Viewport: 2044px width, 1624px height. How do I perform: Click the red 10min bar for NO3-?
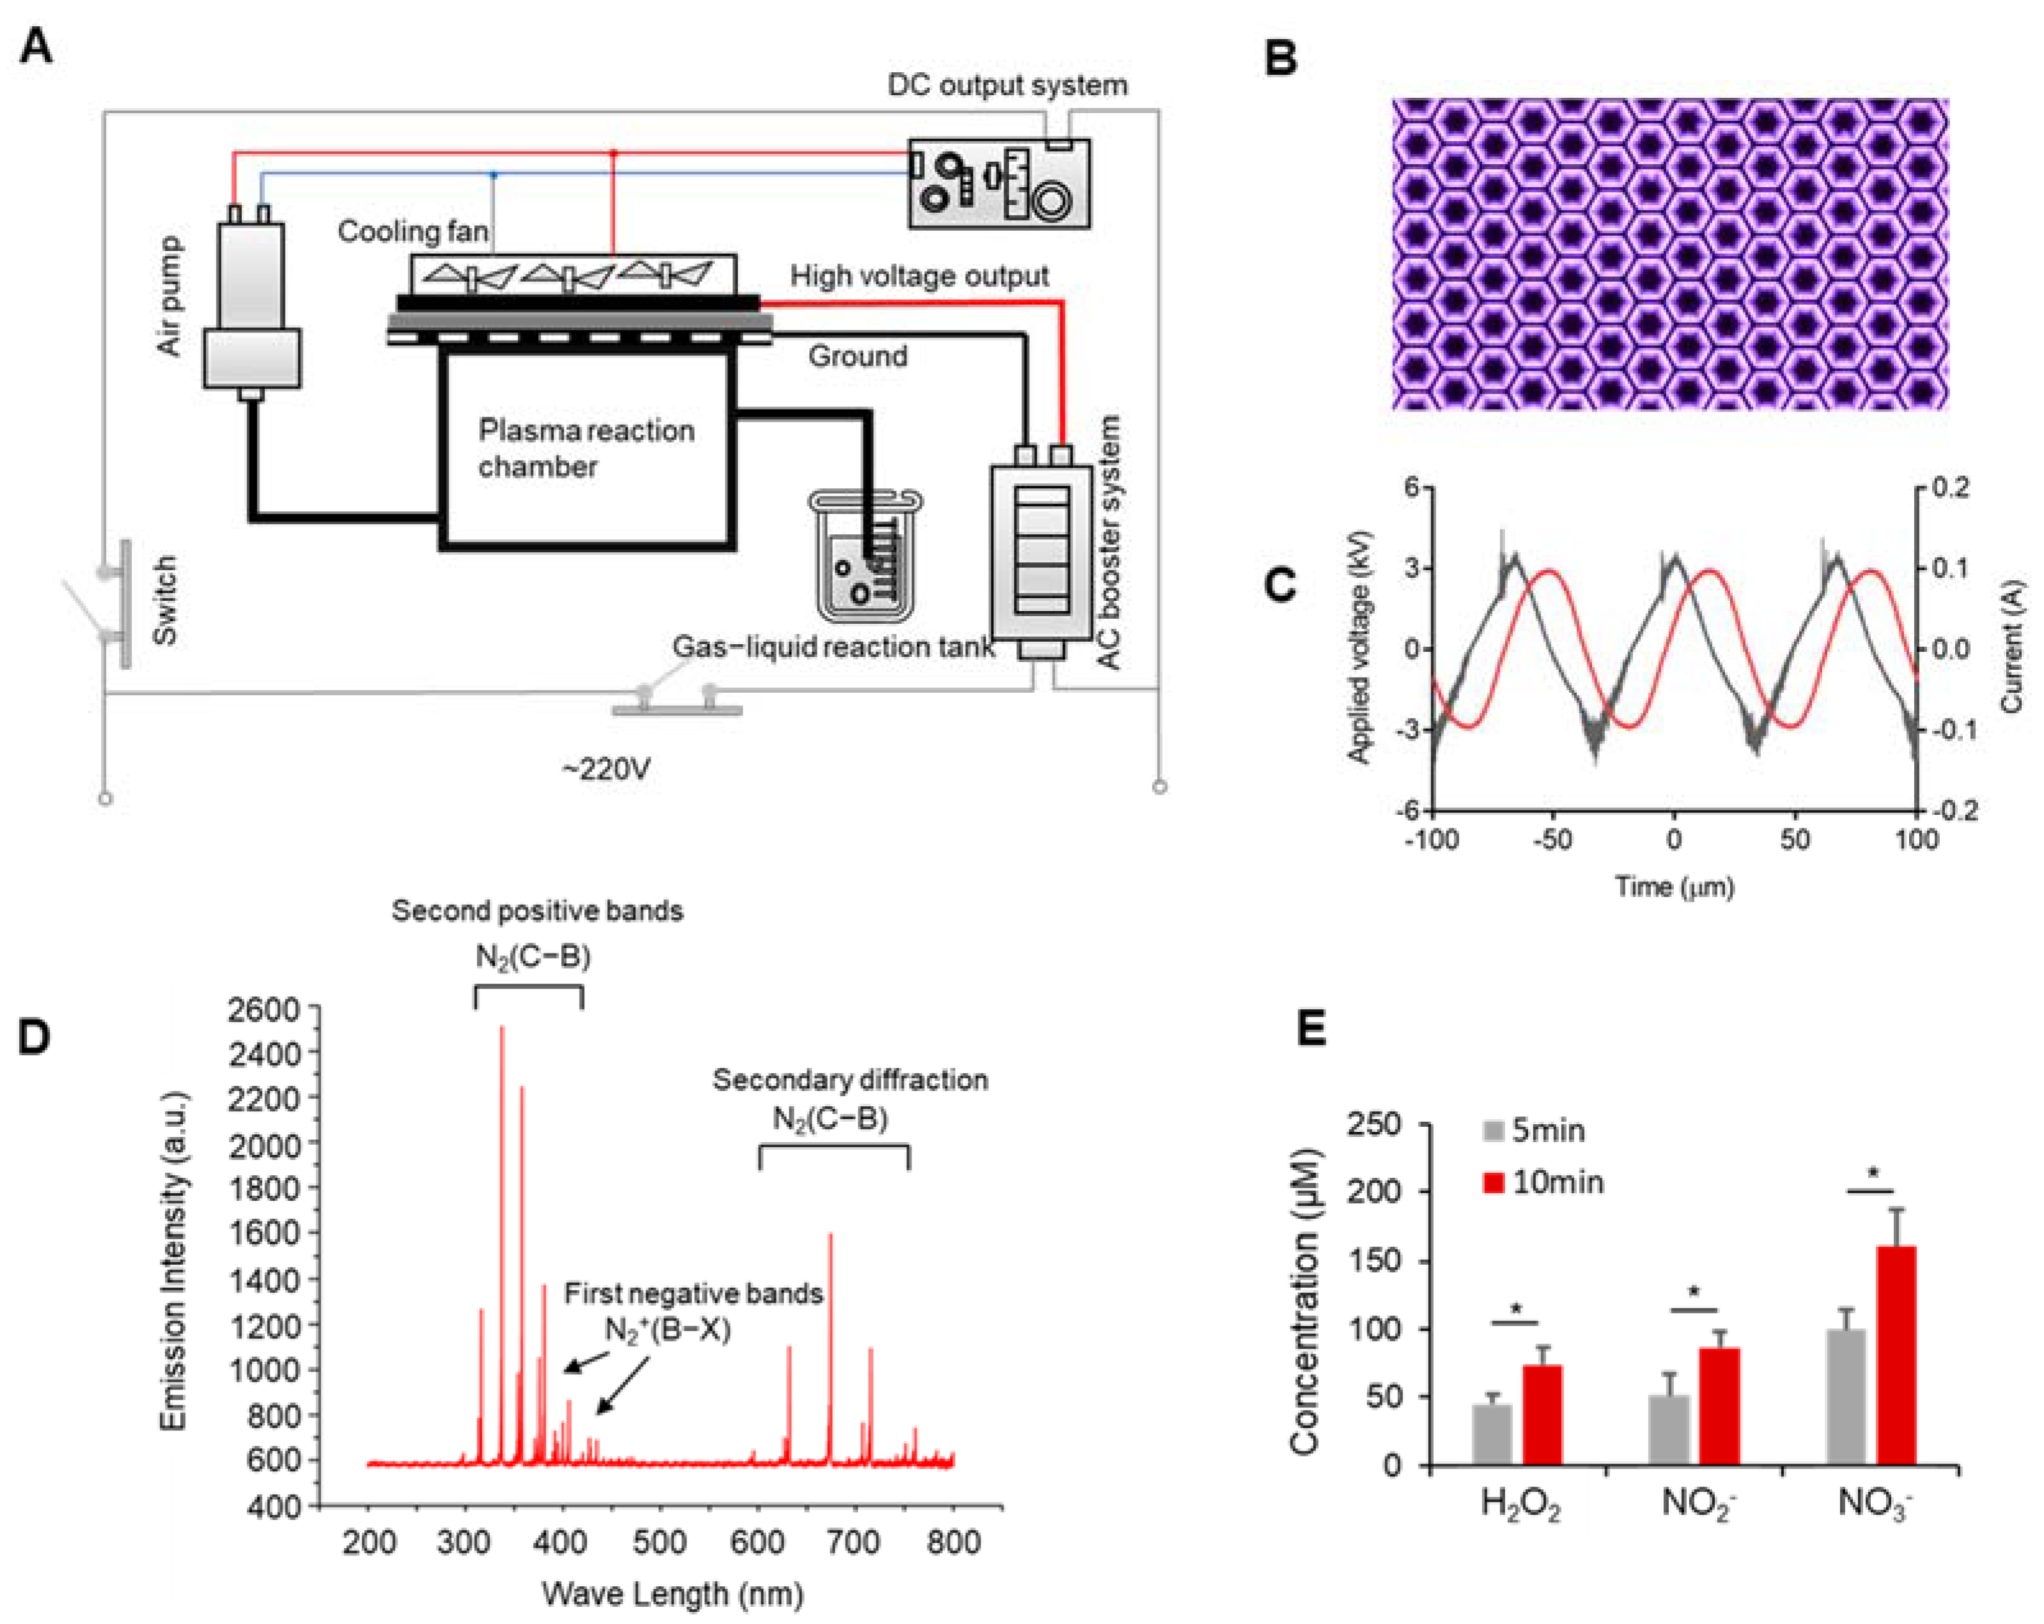coord(1895,1355)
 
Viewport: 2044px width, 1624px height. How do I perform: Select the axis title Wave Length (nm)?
coord(672,1594)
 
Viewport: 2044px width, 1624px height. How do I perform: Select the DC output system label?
coord(1007,86)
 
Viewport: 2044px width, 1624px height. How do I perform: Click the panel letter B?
coord(1281,59)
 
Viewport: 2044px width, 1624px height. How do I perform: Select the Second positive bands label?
coord(537,911)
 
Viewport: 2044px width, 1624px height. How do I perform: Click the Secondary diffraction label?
coord(849,1080)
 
